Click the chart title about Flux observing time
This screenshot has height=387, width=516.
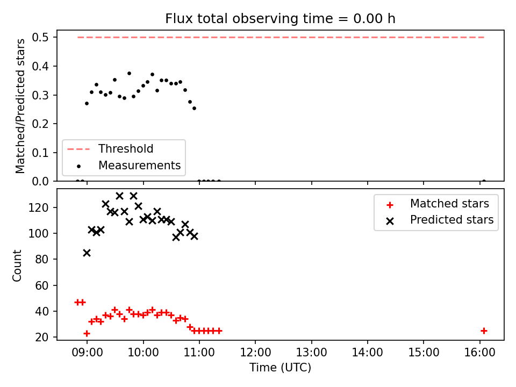[280, 19]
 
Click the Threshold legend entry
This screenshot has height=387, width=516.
[110, 149]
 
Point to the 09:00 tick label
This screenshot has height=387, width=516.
[87, 353]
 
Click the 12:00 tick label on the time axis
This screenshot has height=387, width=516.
[255, 353]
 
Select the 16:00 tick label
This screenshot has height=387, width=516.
[479, 353]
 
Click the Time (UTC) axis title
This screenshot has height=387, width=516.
[280, 367]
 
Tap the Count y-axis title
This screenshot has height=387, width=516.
[17, 266]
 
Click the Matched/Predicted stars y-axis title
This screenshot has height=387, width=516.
[20, 106]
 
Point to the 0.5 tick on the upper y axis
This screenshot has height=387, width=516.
[40, 38]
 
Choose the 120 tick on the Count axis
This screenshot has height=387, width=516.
[38, 207]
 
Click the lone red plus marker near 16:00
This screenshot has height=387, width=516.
[484, 331]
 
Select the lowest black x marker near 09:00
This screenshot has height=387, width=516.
[87, 253]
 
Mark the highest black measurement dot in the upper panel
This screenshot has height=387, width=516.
[129, 74]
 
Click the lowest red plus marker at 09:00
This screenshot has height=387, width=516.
[87, 333]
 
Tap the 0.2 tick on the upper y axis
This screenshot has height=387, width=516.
[40, 124]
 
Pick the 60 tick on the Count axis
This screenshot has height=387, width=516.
[41, 285]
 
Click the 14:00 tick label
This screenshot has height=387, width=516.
[368, 353]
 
